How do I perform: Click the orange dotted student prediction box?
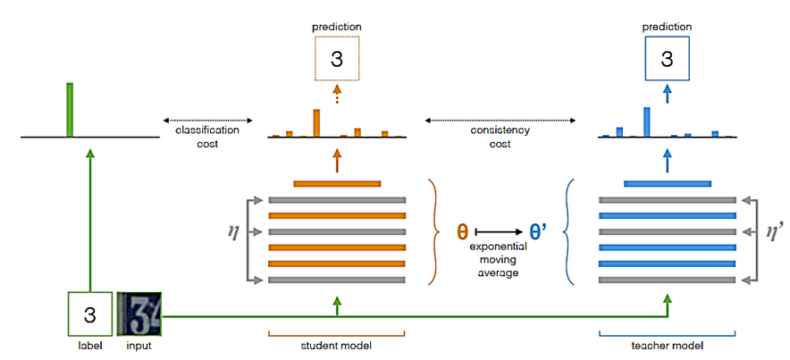coord(337,60)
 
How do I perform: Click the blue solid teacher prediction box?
coord(666,60)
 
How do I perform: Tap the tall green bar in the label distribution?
coord(69,110)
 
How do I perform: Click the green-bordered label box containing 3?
coord(89,315)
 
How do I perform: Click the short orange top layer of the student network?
coord(337,184)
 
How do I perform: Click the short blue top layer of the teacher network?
coord(667,184)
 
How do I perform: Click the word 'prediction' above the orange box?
coord(337,28)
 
